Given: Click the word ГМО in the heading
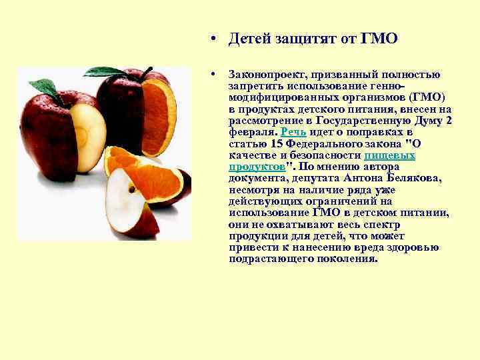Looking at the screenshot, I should pos(379,39).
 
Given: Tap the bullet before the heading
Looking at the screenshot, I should pos(210,39).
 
